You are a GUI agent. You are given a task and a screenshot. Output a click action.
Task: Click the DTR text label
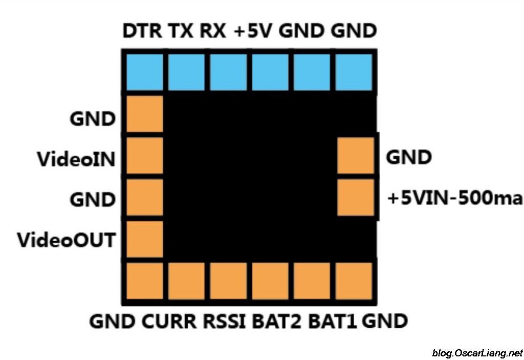pyautogui.click(x=143, y=32)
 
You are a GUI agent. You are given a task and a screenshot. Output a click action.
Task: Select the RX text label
pyautogui.click(x=213, y=32)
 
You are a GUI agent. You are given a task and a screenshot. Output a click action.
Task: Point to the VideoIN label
pyautogui.click(x=76, y=159)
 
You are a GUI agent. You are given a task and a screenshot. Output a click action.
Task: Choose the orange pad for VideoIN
pyautogui.click(x=144, y=155)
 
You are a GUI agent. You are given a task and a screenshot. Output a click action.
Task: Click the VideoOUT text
pyautogui.click(x=66, y=239)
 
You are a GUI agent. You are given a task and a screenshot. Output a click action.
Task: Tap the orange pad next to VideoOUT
pyautogui.click(x=144, y=239)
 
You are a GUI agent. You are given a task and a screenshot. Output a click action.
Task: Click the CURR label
pyautogui.click(x=169, y=322)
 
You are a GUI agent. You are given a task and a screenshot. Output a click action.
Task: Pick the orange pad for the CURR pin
pyautogui.click(x=186, y=281)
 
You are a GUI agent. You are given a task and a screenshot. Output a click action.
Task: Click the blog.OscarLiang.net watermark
pyautogui.click(x=477, y=353)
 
